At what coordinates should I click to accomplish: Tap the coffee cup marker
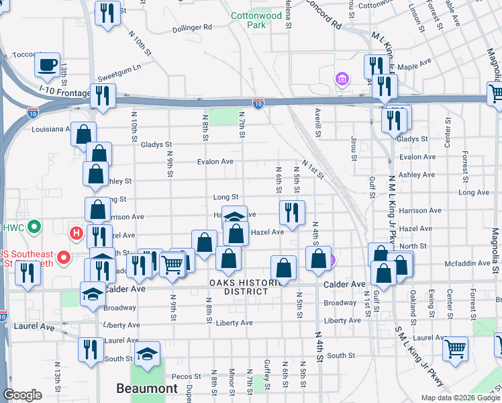(x=47, y=65)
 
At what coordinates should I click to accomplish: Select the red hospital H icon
(x=77, y=234)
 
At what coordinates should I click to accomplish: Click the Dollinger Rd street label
(x=191, y=28)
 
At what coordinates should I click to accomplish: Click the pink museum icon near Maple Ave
(x=342, y=81)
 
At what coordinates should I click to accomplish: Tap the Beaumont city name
(x=146, y=388)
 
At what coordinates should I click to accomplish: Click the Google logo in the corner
(x=22, y=395)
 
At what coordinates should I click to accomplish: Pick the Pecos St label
(x=187, y=376)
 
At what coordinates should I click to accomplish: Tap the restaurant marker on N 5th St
(x=292, y=213)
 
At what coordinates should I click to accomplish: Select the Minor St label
(x=232, y=382)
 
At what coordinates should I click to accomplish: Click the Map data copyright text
(x=461, y=398)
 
